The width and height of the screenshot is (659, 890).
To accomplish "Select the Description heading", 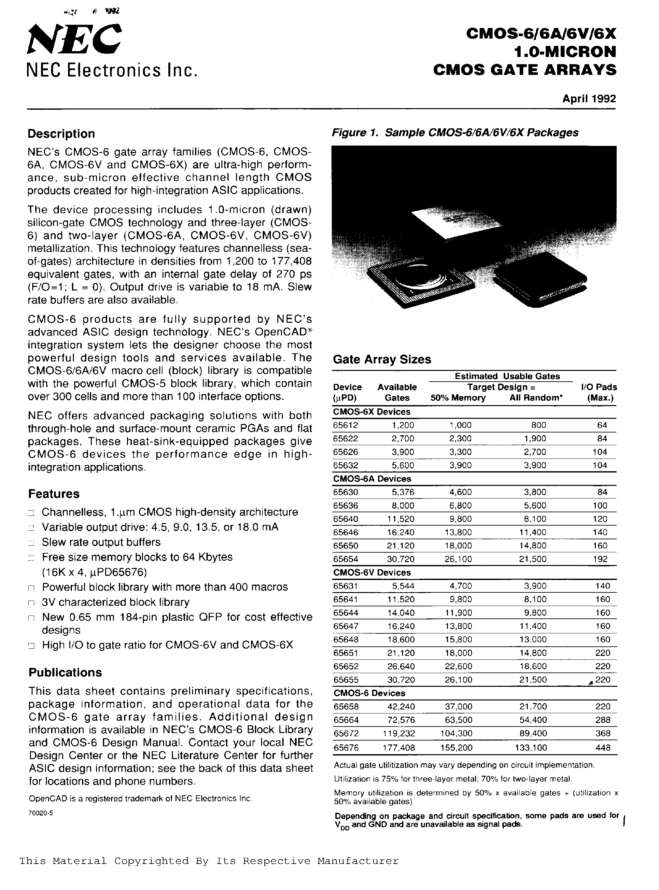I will (x=61, y=134).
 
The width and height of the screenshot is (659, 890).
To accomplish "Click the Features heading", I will (x=54, y=494).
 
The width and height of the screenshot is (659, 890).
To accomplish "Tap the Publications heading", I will (x=65, y=672).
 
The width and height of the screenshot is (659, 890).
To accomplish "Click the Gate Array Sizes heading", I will (x=382, y=360).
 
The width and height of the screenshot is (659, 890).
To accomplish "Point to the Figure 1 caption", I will (x=455, y=133).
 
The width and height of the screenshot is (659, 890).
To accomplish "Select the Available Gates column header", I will (x=397, y=392).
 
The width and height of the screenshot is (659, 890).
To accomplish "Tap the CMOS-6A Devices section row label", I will (x=372, y=479).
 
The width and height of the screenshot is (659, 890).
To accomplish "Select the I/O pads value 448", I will (x=603, y=748).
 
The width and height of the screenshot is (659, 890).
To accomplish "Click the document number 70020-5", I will (x=40, y=813).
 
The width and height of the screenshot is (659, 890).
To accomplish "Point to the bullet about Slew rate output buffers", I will (x=101, y=542).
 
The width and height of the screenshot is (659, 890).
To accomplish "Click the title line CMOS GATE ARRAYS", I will (x=525, y=70).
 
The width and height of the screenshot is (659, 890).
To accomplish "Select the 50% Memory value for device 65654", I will (x=458, y=559).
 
